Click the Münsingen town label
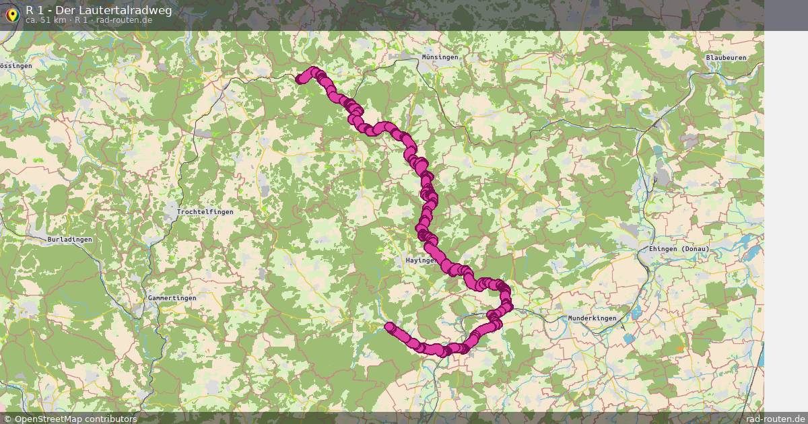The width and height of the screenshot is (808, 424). [440, 57]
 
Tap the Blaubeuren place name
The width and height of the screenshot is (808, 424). [726, 58]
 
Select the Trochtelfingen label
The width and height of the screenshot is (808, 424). [205, 212]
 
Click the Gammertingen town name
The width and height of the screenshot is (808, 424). [172, 298]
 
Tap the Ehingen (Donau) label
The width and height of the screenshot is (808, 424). [679, 249]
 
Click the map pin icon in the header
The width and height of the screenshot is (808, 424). [12, 14]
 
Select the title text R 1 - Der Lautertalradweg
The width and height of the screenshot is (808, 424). [98, 10]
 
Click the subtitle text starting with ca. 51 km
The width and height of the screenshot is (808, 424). [88, 20]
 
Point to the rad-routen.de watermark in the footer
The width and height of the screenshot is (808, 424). [776, 419]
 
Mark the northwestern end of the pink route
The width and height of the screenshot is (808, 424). [300, 79]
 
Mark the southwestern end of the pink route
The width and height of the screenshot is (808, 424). [389, 327]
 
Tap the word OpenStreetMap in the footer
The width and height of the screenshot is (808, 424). [46, 419]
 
